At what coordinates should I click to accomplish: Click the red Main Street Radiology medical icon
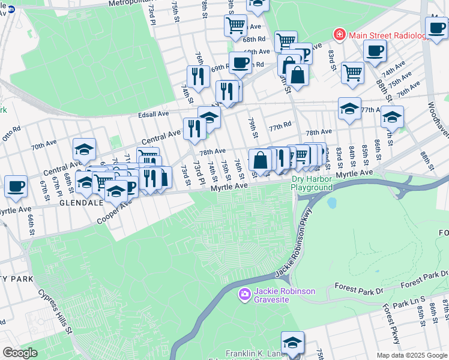339,35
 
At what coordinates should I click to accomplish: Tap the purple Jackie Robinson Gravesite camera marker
244,294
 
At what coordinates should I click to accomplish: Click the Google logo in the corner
20,353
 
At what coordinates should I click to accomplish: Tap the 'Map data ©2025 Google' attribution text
412,355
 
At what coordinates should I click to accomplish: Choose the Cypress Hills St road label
55,313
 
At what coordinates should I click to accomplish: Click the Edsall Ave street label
155,114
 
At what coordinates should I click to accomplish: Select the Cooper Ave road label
113,213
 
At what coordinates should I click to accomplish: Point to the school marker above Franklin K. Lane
292,343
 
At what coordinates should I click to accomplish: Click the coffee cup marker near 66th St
16,185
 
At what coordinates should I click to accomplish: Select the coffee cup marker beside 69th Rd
240,62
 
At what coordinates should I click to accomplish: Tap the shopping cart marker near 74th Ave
352,73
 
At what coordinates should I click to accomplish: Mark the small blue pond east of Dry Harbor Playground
331,203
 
